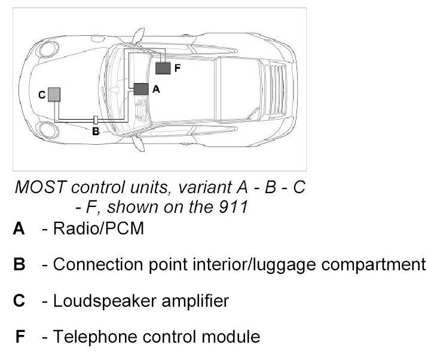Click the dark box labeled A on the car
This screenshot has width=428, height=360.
(x=141, y=89)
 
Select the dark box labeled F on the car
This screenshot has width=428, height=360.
(x=163, y=68)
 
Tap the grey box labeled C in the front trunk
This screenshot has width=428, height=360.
(x=54, y=94)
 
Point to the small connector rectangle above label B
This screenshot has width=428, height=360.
(x=96, y=120)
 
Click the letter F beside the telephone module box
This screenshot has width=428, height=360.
(x=177, y=69)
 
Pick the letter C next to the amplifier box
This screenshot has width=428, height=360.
(x=41, y=94)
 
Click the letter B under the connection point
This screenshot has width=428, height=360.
(x=96, y=132)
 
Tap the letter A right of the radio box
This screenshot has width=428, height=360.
(x=156, y=89)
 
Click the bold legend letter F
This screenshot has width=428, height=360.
(x=20, y=337)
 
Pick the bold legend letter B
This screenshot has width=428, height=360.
(x=20, y=264)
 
